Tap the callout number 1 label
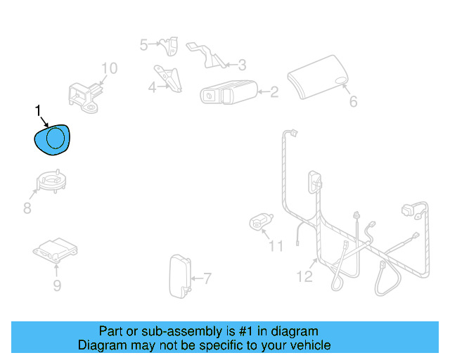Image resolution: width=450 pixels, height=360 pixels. pos(37,110)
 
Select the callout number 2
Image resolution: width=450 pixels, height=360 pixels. pos(274,91)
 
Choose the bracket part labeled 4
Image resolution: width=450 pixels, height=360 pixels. pos(169,77)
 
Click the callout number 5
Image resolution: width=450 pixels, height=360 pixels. pos(143,45)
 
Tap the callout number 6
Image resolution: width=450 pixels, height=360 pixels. pos(353,102)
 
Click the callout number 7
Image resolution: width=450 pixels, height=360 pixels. pos(207,278)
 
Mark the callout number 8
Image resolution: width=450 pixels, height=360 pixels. pos(27,208)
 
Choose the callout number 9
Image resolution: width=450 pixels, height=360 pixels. pos(57,285)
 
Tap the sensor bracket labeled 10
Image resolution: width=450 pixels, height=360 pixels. pos(84,96)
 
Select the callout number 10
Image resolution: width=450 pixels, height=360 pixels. pos(109,68)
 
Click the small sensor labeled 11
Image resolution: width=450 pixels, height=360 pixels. pos(261,222)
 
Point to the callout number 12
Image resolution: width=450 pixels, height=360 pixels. pos(304,276)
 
